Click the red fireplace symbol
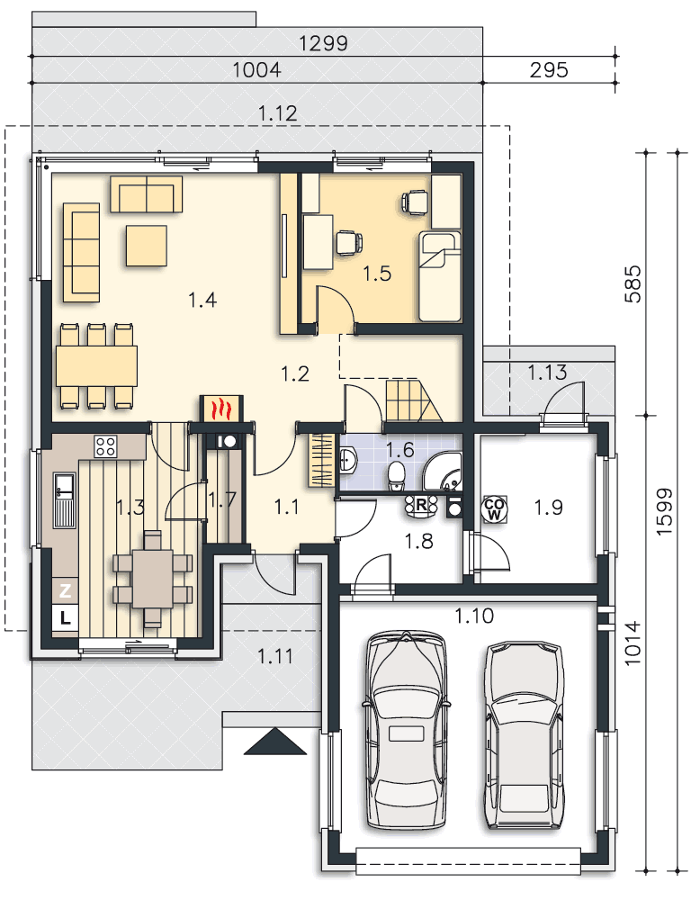tap(221, 409)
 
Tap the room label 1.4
tap(202, 300)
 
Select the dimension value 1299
tap(323, 43)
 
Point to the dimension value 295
tap(549, 70)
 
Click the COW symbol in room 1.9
tap(494, 508)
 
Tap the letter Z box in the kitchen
tap(65, 590)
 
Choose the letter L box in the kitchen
tap(65, 617)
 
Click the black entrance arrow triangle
tap(275, 742)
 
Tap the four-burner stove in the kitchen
tap(105, 446)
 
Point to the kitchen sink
tap(64, 499)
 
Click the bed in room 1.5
tap(440, 276)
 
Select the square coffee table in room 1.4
tap(147, 245)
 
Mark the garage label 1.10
tap(474, 616)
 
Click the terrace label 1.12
tap(278, 113)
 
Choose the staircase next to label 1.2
tap(413, 400)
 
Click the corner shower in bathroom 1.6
tap(443, 472)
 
